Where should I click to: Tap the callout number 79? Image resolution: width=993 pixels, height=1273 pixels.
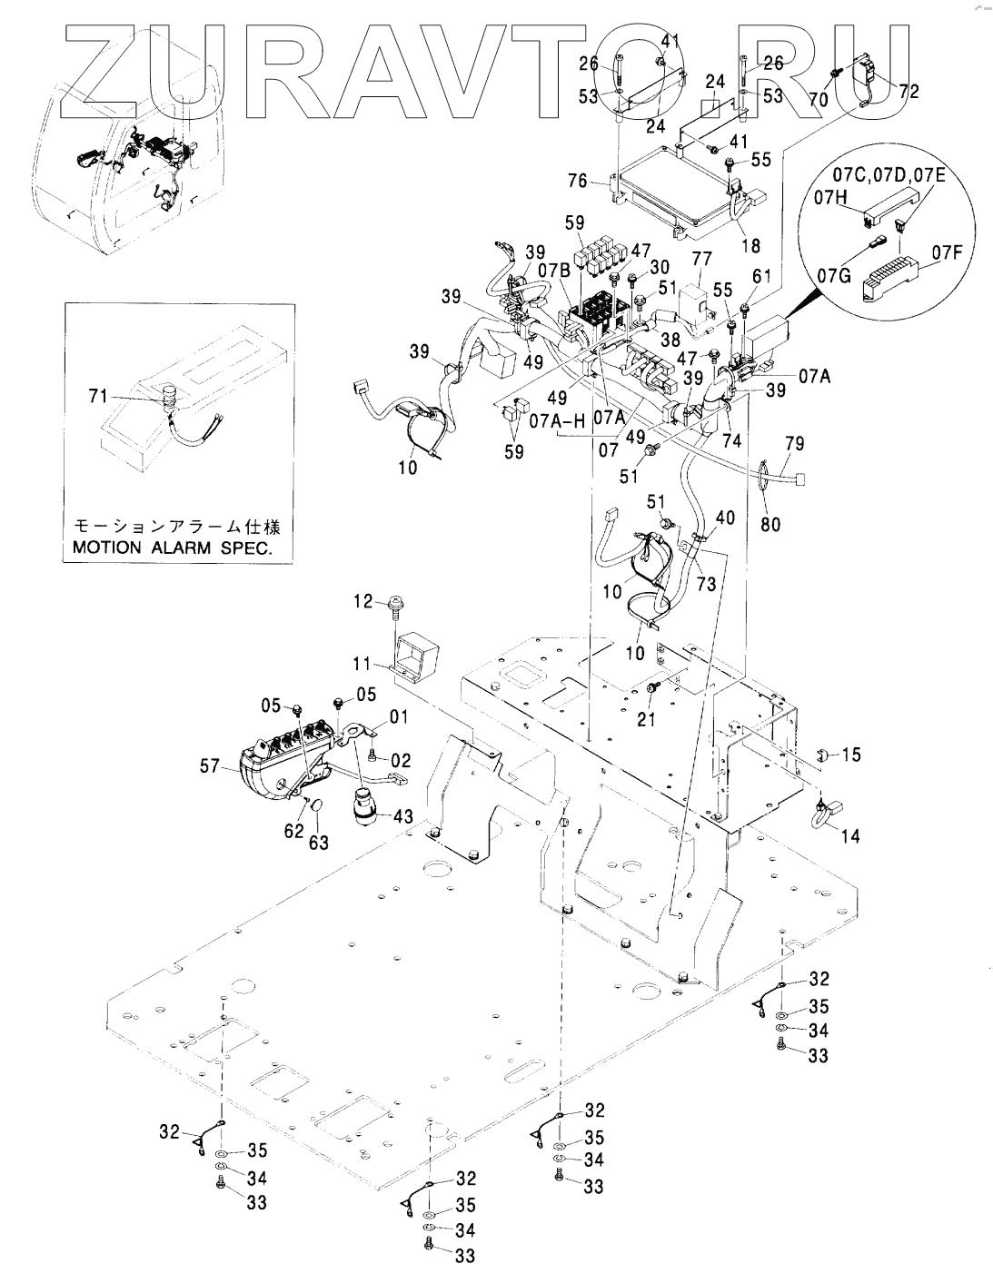click(x=795, y=444)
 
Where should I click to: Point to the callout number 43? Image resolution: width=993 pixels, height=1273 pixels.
click(x=402, y=817)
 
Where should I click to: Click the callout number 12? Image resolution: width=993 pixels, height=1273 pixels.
click(x=361, y=600)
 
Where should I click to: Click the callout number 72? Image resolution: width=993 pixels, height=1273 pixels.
click(x=909, y=92)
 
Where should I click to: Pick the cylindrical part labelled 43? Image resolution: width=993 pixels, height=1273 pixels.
click(x=368, y=806)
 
